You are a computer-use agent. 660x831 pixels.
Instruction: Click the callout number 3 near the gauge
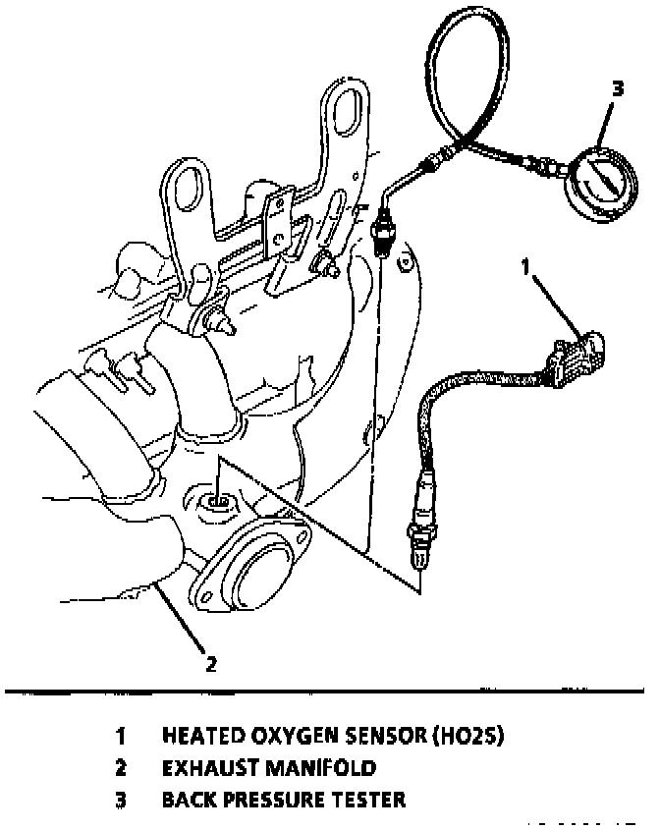tap(617, 88)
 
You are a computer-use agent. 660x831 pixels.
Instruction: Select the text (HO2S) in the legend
tap(467, 736)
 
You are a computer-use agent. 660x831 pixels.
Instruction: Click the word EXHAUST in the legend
tap(202, 767)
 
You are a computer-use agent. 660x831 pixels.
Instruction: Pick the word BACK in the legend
tap(186, 800)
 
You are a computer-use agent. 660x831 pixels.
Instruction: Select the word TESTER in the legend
tap(370, 800)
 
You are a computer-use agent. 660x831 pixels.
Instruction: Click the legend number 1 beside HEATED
tap(121, 736)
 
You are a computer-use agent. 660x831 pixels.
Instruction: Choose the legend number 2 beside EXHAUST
tap(121, 767)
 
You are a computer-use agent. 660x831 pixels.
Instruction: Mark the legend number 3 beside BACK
tap(121, 800)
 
